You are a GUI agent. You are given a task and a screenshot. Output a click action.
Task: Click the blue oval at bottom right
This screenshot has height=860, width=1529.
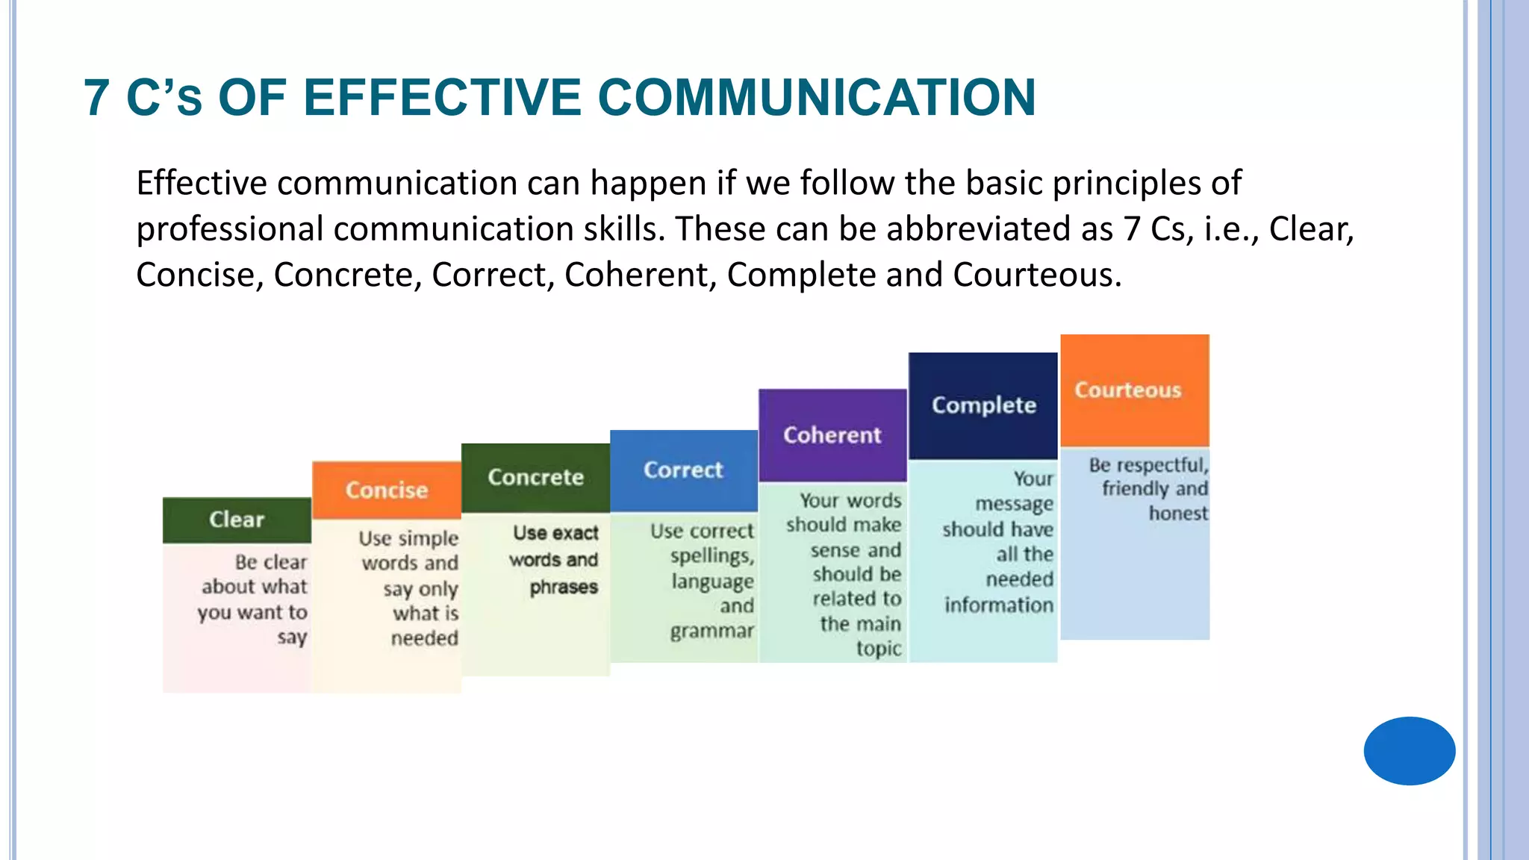click(x=1409, y=750)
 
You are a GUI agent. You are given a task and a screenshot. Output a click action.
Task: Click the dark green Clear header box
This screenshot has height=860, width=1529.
click(x=237, y=520)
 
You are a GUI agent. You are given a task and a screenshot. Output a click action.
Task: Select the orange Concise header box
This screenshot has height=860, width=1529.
click(x=386, y=490)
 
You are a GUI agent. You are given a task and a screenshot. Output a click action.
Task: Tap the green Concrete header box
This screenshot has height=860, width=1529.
click(x=535, y=477)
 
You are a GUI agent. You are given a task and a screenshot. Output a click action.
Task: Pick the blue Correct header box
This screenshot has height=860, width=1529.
click(x=683, y=470)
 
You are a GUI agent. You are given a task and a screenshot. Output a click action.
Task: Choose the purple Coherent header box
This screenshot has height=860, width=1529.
click(x=832, y=435)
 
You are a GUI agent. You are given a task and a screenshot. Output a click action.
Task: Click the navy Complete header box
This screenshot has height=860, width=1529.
click(x=983, y=405)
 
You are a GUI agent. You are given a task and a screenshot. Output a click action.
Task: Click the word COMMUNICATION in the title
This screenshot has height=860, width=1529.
click(x=817, y=98)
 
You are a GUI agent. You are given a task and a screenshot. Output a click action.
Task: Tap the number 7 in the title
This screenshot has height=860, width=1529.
click(x=97, y=98)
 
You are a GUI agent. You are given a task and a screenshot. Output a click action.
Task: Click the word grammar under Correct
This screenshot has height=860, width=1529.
click(x=711, y=632)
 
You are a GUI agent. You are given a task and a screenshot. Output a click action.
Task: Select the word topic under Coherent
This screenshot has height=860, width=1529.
click(x=878, y=649)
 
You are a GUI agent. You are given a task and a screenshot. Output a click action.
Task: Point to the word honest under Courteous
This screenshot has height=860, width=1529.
click(x=1177, y=514)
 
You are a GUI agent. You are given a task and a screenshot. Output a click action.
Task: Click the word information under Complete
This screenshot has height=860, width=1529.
click(x=998, y=605)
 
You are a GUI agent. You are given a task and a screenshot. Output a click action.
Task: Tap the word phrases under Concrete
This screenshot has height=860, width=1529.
click(x=564, y=588)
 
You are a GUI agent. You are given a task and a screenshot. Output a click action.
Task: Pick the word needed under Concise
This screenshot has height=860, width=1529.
click(x=424, y=638)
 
